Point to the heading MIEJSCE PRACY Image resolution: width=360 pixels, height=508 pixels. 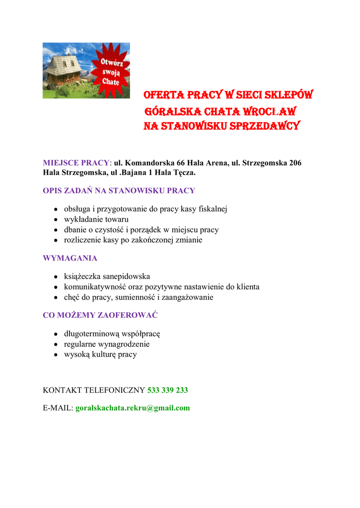76,163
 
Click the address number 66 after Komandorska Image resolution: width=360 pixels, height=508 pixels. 179,163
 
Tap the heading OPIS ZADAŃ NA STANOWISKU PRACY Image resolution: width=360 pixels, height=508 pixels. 119,190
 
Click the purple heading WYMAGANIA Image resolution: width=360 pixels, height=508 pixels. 70,258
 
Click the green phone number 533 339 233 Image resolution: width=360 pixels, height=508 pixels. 168,390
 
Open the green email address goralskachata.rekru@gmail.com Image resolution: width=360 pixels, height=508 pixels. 133,408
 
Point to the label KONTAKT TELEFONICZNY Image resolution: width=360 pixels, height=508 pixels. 94,390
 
